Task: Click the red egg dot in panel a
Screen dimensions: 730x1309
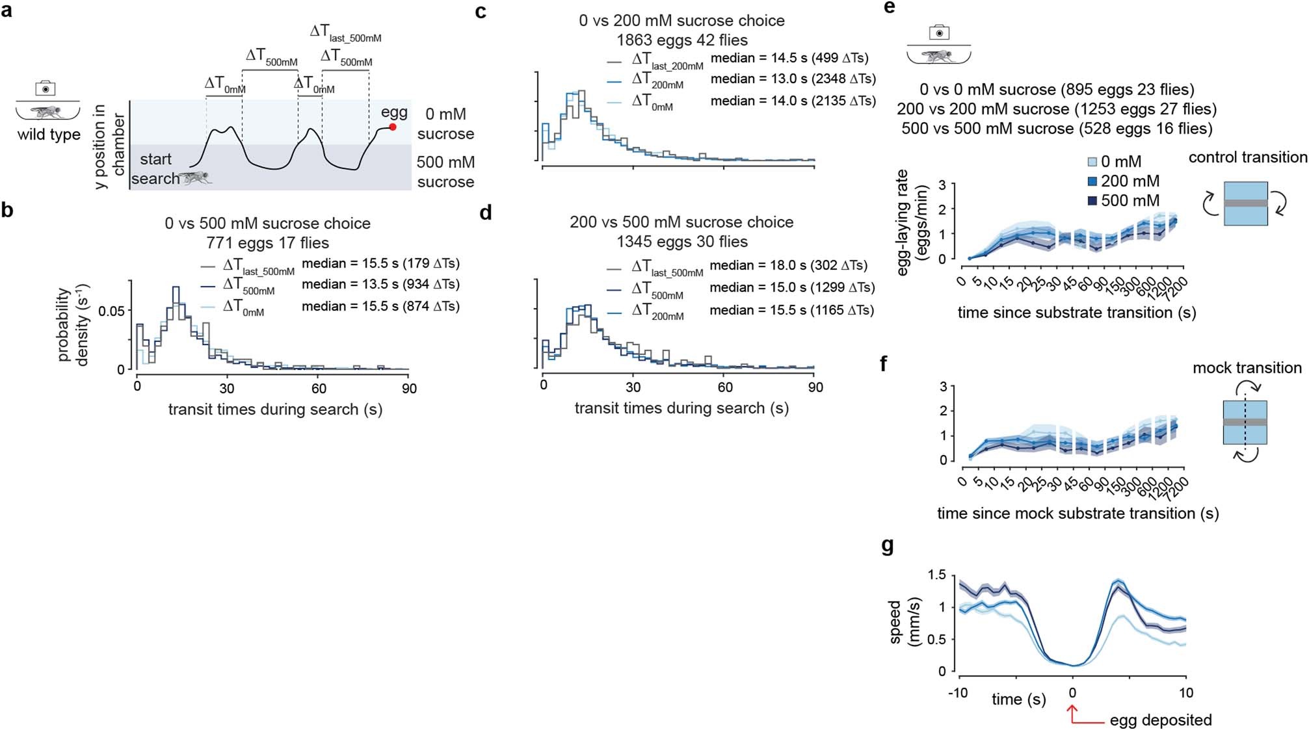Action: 393,127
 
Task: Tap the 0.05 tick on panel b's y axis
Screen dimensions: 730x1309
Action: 111,311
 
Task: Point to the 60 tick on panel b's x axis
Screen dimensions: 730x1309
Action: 319,388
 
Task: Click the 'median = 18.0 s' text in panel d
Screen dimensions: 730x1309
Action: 755,265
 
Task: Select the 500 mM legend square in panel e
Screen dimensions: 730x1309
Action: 1092,201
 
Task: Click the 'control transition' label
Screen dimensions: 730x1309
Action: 1247,157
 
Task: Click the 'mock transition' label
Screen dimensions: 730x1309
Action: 1247,368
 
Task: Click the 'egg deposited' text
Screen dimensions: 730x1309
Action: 1161,720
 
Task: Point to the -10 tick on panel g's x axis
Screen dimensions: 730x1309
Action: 957,693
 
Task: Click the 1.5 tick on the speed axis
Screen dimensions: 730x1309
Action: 937,575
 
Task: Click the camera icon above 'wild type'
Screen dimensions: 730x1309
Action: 45,88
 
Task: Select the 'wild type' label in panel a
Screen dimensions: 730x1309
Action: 49,135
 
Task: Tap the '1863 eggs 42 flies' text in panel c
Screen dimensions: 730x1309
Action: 681,40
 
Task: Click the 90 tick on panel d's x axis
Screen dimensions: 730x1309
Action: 815,387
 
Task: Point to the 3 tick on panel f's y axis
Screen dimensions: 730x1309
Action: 943,387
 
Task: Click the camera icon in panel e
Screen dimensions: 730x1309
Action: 939,33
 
